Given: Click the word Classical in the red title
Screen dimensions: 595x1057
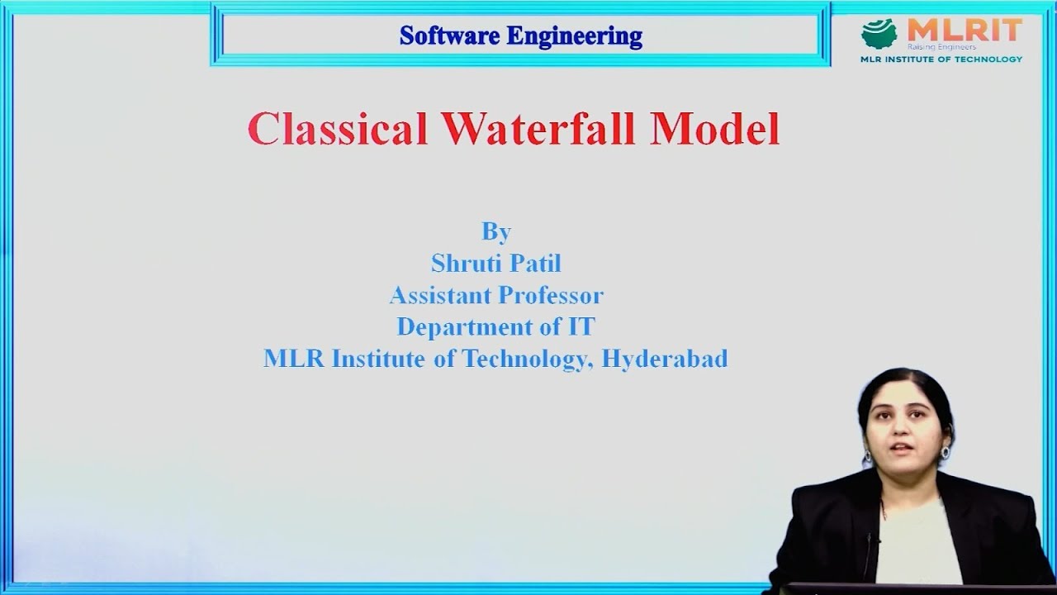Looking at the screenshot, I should [337, 128].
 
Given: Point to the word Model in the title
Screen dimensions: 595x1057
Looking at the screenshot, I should [715, 128].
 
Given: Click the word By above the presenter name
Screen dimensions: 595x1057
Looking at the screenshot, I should [496, 232].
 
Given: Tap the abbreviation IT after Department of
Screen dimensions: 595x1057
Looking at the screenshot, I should [581, 326].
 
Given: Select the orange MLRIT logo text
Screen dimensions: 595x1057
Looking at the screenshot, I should [965, 31].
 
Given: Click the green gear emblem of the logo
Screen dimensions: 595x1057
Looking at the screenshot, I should [879, 34].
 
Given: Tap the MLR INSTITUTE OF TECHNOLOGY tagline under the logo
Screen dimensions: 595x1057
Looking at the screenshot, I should [941, 59].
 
